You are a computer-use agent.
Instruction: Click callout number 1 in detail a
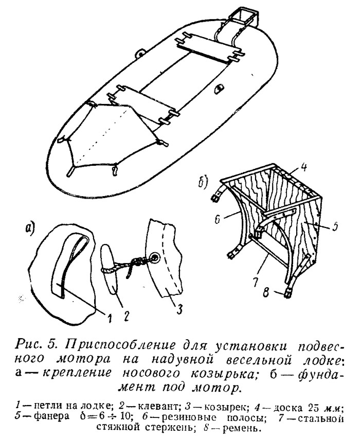109,317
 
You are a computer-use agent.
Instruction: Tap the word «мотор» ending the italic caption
218,387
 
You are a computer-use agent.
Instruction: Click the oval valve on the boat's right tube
219,89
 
